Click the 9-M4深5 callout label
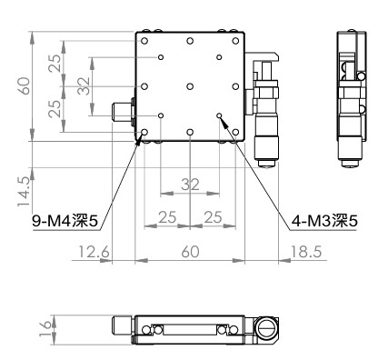[x=65, y=222]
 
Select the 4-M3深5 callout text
[x=324, y=221]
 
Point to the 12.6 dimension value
[x=94, y=252]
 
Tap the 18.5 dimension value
[x=306, y=252]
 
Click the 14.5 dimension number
[x=24, y=192]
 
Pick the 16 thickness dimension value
[x=45, y=329]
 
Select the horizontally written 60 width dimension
[x=190, y=252]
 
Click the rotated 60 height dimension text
[x=24, y=86]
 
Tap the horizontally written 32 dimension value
[x=190, y=185]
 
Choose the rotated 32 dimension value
[x=84, y=86]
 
